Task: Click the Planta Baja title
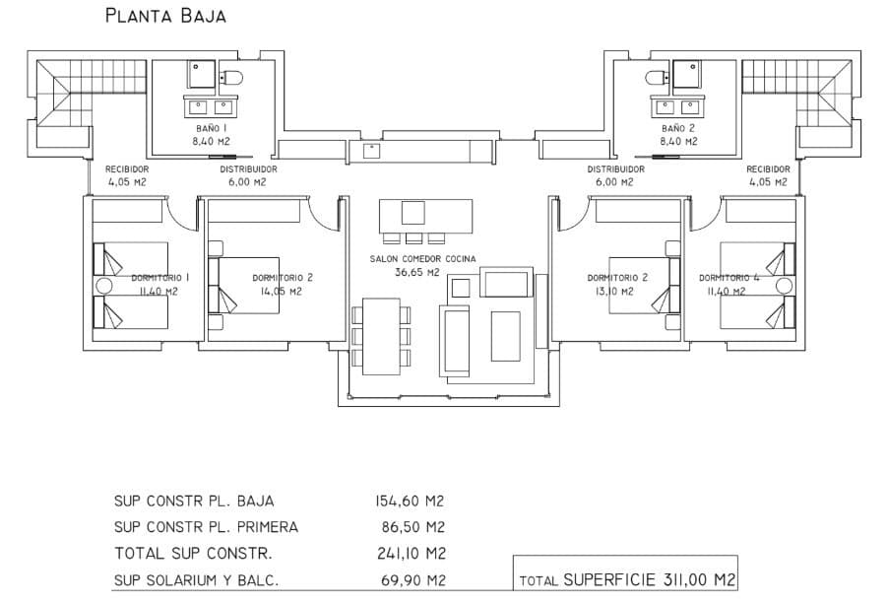tap(165, 16)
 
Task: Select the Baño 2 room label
tap(678, 128)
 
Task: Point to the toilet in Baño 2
tap(656, 76)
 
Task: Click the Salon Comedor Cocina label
tap(422, 259)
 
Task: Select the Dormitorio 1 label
tap(159, 278)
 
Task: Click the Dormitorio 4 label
tap(729, 278)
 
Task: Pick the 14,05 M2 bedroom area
tap(281, 292)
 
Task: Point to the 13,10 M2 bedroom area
tap(616, 292)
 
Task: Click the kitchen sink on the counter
tap(372, 151)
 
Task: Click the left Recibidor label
tap(128, 169)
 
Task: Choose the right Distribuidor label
tap(616, 169)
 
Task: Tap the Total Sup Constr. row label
tap(193, 553)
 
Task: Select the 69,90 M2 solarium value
tap(413, 579)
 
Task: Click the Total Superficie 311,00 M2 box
tap(626, 579)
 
